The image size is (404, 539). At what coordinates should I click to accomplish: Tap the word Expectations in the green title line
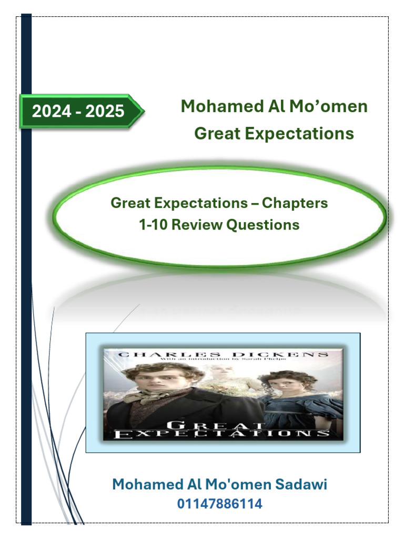point(304,134)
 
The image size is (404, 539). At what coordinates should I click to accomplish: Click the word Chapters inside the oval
point(295,203)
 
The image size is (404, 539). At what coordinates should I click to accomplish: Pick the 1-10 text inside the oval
point(154,225)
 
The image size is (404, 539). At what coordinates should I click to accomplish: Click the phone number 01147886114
point(219,504)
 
